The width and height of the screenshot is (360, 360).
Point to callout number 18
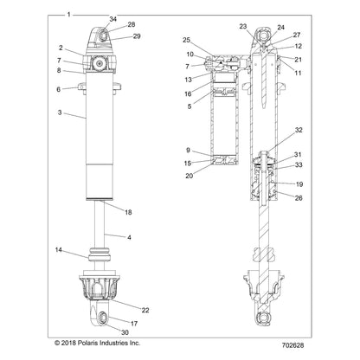point(127,212)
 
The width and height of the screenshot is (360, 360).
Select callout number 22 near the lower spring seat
point(145,309)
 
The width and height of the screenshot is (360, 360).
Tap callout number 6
point(59,89)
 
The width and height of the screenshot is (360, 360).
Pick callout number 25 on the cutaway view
point(186,41)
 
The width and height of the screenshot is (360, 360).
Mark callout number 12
point(299,45)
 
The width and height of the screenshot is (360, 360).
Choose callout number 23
point(243,26)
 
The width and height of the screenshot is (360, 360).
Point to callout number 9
point(188,151)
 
